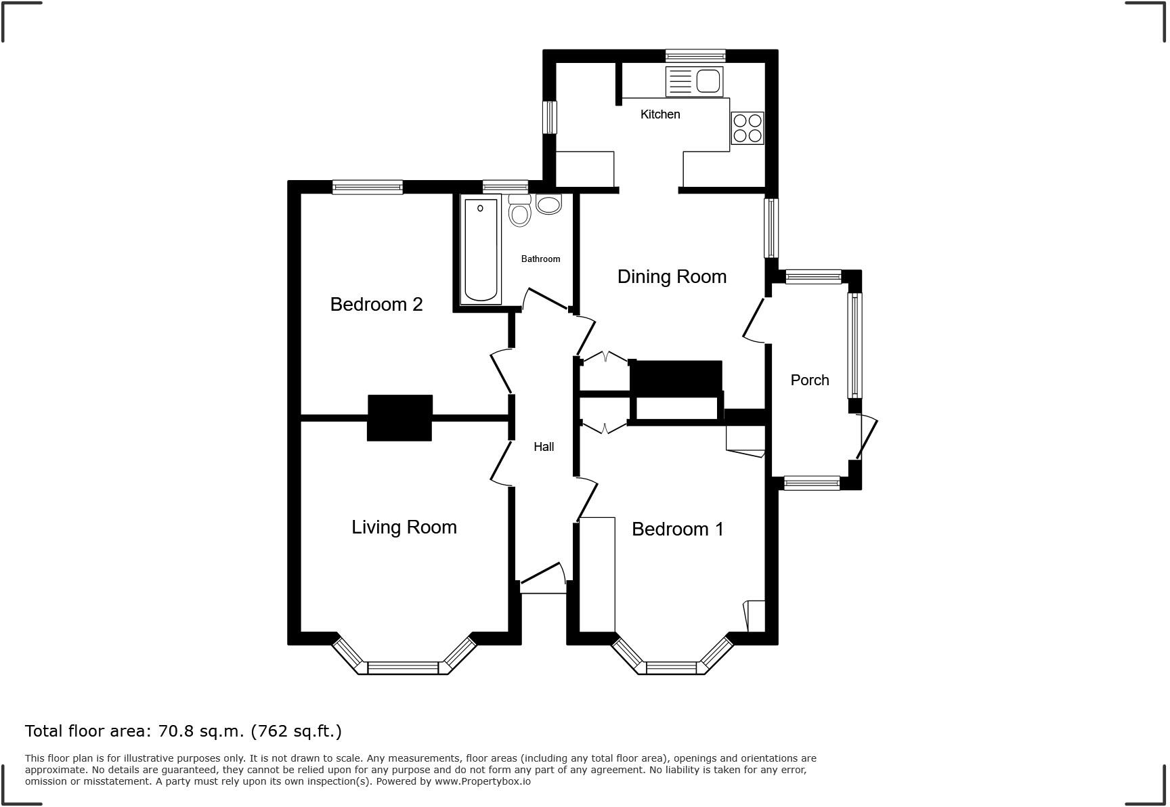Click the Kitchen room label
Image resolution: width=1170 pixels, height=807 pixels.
[x=660, y=114]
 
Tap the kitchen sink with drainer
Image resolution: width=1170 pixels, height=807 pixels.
[x=695, y=81]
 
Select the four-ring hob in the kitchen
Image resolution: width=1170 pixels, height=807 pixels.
[x=747, y=128]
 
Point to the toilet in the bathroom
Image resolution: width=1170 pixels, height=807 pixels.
[x=519, y=211]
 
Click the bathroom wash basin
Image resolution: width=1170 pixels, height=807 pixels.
[x=548, y=204]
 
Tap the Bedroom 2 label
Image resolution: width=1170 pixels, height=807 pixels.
[x=376, y=305]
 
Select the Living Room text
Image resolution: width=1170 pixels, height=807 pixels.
[x=404, y=527]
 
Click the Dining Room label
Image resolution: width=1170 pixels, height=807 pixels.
[x=672, y=277]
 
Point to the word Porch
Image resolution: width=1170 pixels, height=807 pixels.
[x=810, y=380]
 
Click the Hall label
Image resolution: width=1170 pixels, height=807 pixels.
[x=544, y=447]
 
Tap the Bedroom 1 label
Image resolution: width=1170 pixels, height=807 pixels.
[x=678, y=529]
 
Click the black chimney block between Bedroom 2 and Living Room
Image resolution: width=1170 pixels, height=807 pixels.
[x=399, y=418]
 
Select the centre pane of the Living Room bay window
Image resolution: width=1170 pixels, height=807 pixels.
[x=403, y=668]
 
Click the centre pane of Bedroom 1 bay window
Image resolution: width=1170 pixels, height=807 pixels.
[x=672, y=668]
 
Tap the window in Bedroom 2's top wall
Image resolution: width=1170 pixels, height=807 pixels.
[x=368, y=187]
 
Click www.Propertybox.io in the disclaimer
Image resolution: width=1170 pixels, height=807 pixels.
[x=482, y=781]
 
